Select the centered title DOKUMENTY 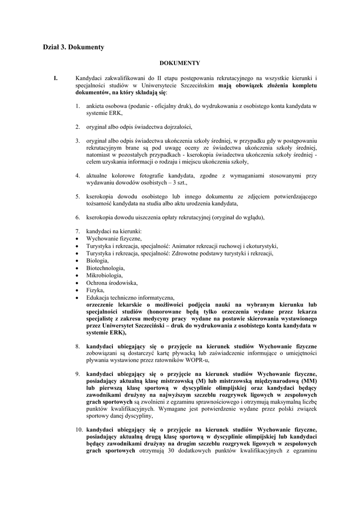click(180, 63)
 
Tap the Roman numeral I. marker click(56, 78)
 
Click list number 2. click(78, 127)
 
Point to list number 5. click(78, 197)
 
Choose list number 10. click(80, 429)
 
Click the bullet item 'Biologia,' click(97, 260)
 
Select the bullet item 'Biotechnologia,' click(105, 268)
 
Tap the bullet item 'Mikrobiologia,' click(104, 275)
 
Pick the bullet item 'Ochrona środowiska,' click(111, 282)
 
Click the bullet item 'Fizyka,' click(95, 290)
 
